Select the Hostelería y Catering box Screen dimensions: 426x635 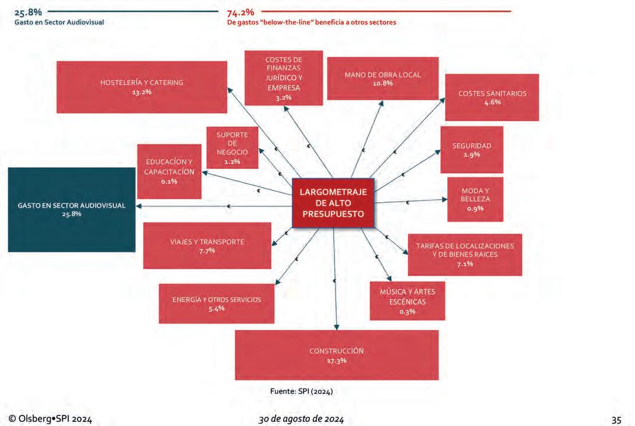point(142,87)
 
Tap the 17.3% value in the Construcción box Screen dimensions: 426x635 point(337,361)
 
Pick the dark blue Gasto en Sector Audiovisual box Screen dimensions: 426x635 point(72,210)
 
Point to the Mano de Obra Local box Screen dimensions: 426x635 point(383,79)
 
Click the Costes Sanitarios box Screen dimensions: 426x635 point(492,97)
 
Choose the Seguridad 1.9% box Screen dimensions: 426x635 point(472,150)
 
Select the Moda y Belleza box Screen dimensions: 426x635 point(475,199)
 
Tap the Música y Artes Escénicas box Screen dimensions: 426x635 point(407,301)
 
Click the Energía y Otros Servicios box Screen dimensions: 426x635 point(216,304)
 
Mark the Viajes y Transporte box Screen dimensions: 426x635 point(207,245)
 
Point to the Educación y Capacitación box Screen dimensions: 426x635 point(169,171)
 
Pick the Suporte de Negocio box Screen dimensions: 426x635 point(232,147)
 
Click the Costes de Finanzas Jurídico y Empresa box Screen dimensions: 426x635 point(283,78)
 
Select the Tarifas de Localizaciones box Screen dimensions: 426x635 point(465,255)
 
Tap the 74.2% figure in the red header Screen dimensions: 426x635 point(241,13)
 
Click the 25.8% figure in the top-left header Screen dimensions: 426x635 point(28,12)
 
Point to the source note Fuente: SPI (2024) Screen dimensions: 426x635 point(301,391)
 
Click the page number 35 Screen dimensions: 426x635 point(616,420)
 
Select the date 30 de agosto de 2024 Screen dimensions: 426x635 point(301,420)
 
